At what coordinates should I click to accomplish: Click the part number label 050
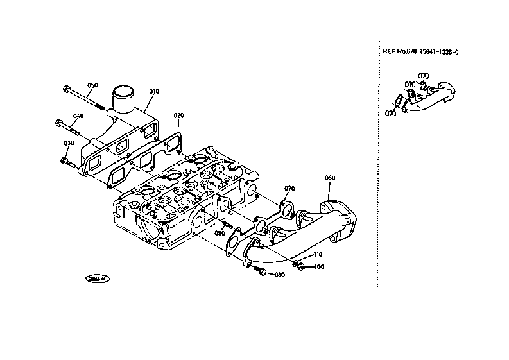[92, 85]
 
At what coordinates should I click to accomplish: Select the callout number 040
[78, 116]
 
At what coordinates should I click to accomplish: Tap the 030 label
[69, 142]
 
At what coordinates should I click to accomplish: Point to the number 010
[153, 92]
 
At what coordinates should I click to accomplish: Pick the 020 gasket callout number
[178, 116]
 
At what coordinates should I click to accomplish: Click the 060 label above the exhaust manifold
[330, 178]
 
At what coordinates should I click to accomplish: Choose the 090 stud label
[220, 233]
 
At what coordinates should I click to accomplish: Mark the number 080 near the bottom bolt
[279, 275]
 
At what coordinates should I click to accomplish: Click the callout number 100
[319, 266]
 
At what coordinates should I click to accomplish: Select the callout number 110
[318, 255]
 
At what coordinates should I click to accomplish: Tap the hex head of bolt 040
[58, 122]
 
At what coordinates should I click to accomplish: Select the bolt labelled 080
[263, 273]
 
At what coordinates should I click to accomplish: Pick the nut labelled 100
[300, 266]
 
